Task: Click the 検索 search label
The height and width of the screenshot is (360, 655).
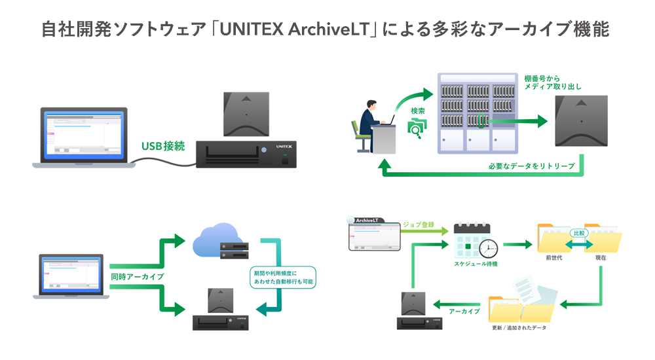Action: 417,111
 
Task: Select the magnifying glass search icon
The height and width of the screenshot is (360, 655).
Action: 415,129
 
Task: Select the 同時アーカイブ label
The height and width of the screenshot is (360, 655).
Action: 137,277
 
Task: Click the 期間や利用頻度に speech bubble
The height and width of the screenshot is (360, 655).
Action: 282,276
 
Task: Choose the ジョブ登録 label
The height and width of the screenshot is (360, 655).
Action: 419,225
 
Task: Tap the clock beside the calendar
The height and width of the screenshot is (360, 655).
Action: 488,248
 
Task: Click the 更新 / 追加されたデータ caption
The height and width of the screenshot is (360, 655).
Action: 518,327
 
